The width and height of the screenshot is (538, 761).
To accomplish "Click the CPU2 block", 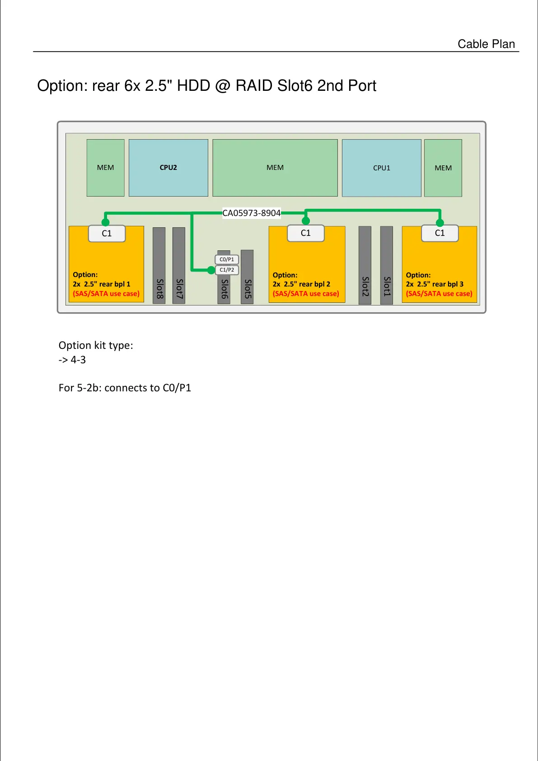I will (x=168, y=168).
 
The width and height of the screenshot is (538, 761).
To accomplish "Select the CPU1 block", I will (x=381, y=168).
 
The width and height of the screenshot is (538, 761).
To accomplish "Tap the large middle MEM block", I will (x=275, y=168).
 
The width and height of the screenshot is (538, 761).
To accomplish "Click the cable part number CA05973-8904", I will (x=251, y=213).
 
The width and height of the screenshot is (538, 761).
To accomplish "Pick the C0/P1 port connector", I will (x=227, y=259).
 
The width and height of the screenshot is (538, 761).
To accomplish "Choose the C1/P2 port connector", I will (x=227, y=270).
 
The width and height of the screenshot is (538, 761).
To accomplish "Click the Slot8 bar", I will (x=159, y=266).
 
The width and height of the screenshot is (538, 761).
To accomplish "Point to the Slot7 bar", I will (x=179, y=266).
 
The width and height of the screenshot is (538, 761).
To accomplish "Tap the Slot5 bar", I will (x=247, y=277).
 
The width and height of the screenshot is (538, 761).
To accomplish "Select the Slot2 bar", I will (x=365, y=265).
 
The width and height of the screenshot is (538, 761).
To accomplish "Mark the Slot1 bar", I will (x=387, y=265).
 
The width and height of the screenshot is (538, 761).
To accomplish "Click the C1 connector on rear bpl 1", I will (x=107, y=233).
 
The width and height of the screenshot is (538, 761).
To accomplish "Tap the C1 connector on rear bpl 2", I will (x=306, y=233).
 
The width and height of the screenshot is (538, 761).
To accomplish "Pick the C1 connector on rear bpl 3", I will (x=440, y=233).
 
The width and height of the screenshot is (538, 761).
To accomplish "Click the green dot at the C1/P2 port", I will (x=211, y=270).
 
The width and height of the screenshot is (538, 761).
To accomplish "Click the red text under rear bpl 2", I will (x=306, y=294).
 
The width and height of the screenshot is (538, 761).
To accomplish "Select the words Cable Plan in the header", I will (x=486, y=44).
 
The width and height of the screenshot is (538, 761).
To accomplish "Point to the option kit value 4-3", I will (x=78, y=360).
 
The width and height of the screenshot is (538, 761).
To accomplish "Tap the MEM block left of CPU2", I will (x=105, y=168).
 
